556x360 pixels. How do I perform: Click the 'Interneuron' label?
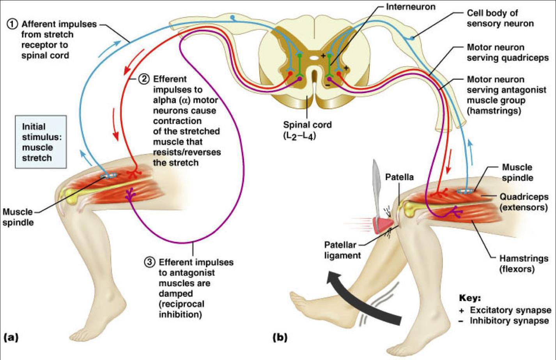click(410, 7)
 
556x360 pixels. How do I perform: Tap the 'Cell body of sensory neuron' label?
click(500, 18)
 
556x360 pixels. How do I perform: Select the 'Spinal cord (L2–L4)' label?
click(307, 130)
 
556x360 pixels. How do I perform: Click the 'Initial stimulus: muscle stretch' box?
click(41, 142)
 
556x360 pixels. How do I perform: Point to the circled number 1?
click(12, 24)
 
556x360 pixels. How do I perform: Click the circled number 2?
click(144, 79)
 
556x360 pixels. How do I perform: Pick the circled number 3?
click(149, 262)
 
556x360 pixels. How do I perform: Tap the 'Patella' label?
click(399, 177)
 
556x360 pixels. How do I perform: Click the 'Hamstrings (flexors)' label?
click(524, 264)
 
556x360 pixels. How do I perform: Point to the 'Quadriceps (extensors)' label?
click(524, 202)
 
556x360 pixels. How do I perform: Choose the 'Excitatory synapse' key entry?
click(510, 310)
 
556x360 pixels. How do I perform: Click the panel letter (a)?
click(11, 337)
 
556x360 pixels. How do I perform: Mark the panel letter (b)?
click(280, 337)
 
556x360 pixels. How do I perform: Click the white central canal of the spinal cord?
click(314, 59)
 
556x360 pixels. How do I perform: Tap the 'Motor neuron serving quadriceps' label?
click(507, 53)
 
